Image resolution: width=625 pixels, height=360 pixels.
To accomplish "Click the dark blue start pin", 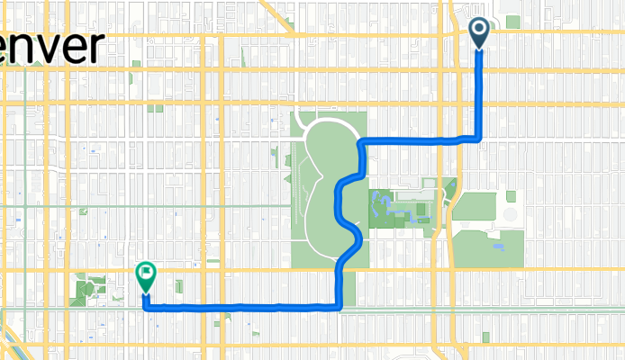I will pos(478,34).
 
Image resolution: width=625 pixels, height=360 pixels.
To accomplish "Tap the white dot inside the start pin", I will pos(478,31).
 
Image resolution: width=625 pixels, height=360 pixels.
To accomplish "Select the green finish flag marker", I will pos(145,276).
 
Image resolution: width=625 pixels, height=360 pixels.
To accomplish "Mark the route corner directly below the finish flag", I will pos(145,305).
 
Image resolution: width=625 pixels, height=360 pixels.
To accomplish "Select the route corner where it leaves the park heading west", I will pos(338,307).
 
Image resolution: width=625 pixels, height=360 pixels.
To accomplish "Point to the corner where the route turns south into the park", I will pos(361,142).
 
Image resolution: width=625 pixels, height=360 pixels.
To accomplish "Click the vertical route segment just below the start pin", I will pos(478,90).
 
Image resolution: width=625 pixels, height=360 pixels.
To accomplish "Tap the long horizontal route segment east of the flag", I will pos(243,307).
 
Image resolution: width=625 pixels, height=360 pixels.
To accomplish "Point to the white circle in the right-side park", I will pos(510,215).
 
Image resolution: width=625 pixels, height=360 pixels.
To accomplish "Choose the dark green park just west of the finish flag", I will pos(89,291).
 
